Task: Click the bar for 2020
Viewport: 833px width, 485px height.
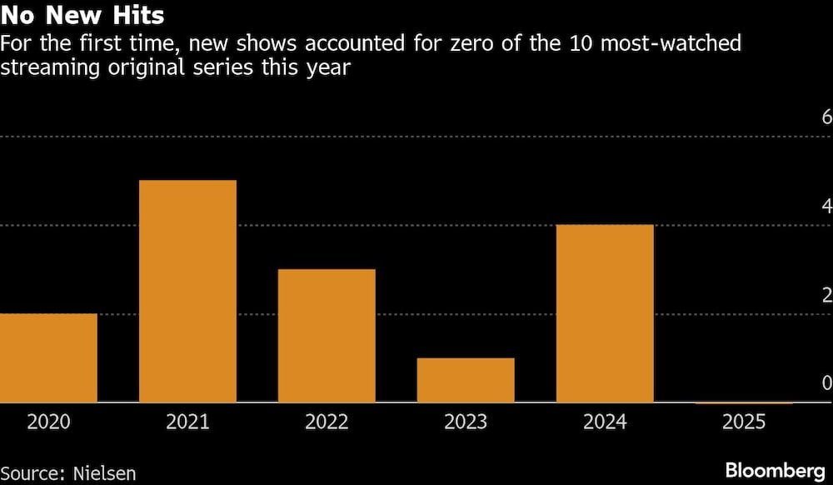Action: tap(48, 358)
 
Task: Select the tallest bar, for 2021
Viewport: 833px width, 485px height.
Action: tap(187, 292)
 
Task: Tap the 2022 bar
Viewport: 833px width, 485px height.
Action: tap(327, 336)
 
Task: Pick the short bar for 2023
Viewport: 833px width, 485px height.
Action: tap(466, 381)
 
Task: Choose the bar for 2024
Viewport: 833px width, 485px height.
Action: tap(605, 314)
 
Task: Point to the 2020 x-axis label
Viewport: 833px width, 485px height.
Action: tap(48, 422)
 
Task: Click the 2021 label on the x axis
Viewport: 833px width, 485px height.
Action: tap(187, 422)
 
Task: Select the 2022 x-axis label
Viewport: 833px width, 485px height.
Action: tap(327, 422)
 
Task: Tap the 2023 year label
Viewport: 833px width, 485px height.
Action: tap(466, 422)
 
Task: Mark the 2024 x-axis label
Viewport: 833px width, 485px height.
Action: tap(605, 422)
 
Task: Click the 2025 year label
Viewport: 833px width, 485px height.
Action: tap(744, 422)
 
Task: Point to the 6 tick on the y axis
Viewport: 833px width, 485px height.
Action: tap(826, 117)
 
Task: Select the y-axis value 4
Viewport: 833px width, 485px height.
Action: tap(826, 206)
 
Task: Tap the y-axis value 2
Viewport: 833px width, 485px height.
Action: tap(826, 295)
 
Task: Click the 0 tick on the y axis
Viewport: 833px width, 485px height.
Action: tap(826, 383)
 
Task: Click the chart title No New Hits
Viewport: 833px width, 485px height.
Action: tap(82, 15)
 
